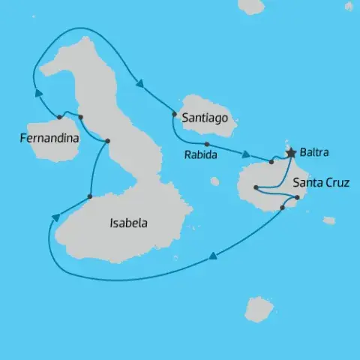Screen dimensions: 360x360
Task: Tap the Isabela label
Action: [128, 223]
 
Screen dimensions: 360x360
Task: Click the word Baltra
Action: [313, 153]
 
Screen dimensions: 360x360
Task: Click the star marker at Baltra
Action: [291, 152]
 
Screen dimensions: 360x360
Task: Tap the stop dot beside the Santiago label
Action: [174, 115]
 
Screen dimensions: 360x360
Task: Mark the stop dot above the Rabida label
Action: [206, 144]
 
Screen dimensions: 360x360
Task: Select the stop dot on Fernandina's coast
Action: [59, 116]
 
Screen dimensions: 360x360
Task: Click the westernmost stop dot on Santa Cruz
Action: [256, 187]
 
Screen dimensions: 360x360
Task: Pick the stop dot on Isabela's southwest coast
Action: [89, 197]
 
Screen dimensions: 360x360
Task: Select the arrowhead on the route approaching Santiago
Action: [139, 83]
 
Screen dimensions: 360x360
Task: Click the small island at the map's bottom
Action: [259, 309]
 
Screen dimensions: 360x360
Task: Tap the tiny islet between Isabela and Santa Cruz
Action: [214, 181]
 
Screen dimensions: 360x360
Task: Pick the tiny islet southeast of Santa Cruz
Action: [328, 220]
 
